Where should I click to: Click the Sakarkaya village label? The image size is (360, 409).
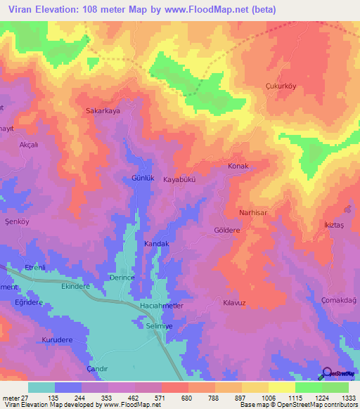pyautogui.click(x=103, y=111)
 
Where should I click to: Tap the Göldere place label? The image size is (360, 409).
pyautogui.click(x=227, y=230)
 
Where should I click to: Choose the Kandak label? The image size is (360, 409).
pyautogui.click(x=157, y=243)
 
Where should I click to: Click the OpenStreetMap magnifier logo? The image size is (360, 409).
pyautogui.click(x=326, y=374)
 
